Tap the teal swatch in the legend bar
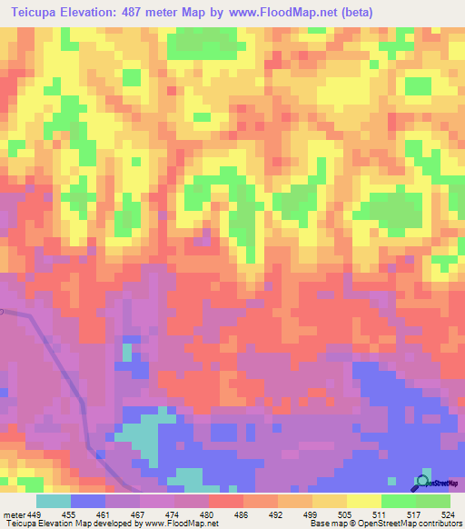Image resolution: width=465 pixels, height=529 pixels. [54, 501]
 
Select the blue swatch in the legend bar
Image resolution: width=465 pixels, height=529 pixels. [88, 501]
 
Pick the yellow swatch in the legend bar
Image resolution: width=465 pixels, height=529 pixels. [364, 501]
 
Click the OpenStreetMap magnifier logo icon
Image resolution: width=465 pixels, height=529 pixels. [423, 481]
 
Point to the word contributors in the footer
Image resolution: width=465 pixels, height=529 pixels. [440, 523]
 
